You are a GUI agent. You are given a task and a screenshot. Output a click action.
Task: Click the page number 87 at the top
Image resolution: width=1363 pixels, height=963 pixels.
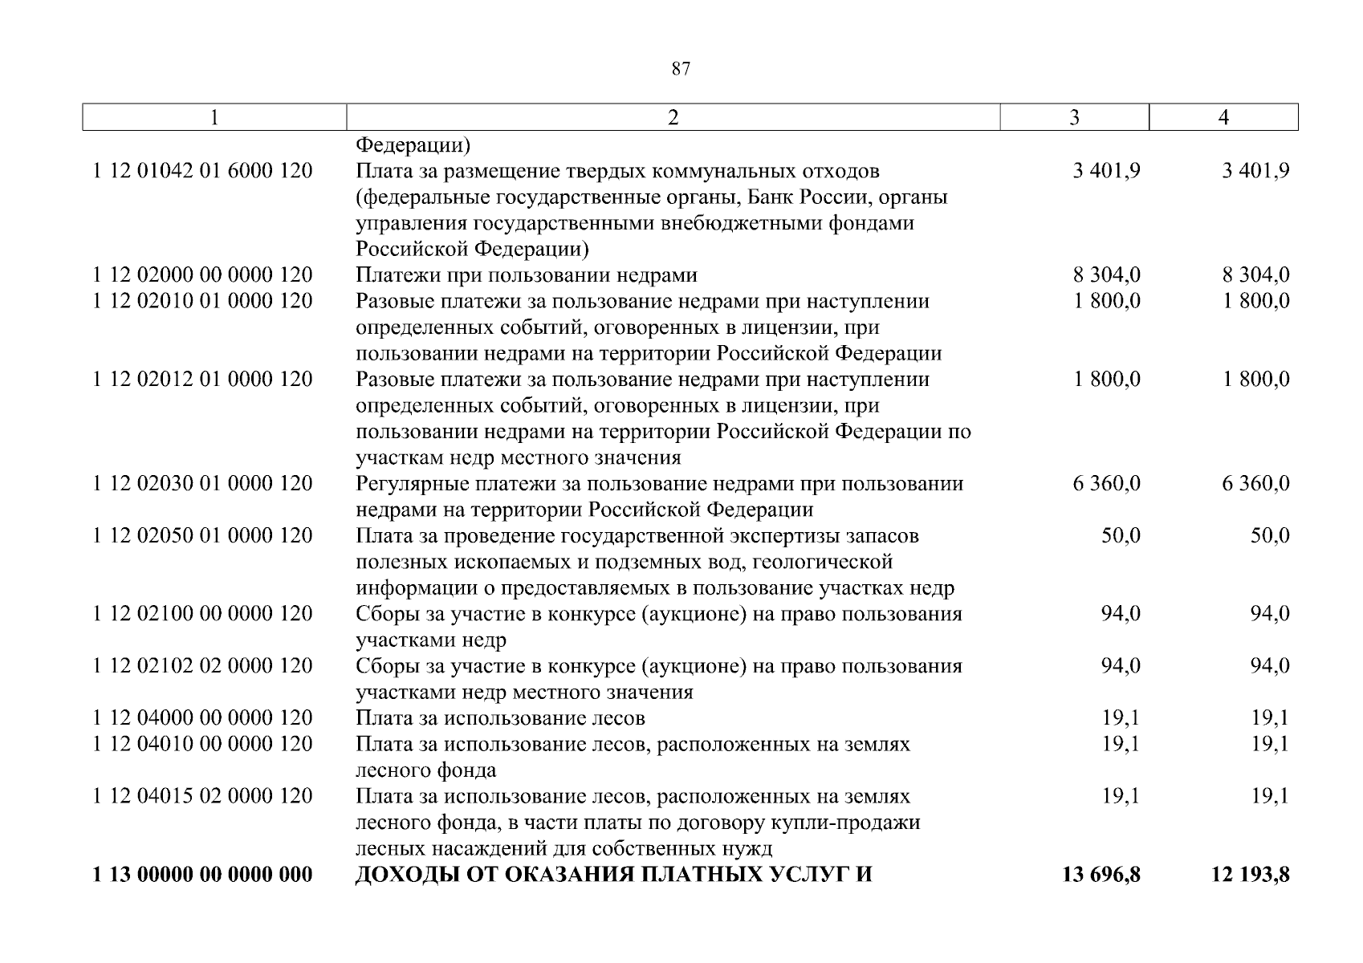680,69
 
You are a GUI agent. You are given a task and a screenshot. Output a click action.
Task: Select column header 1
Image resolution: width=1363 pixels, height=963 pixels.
214,118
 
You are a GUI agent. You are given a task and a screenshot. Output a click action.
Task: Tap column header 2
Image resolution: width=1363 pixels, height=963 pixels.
673,118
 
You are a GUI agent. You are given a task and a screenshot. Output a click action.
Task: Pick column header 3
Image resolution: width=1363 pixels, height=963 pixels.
1074,118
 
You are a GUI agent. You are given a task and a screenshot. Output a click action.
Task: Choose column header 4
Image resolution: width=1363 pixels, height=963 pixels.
1223,118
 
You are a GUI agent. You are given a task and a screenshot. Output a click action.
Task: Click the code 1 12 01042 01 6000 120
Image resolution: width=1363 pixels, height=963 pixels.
202,171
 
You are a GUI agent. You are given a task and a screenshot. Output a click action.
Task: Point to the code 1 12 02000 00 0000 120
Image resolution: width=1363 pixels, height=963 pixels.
202,275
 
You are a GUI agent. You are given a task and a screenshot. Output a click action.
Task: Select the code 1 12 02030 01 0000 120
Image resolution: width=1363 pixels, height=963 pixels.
202,484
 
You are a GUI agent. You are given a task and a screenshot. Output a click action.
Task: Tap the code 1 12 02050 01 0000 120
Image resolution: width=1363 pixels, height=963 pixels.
202,536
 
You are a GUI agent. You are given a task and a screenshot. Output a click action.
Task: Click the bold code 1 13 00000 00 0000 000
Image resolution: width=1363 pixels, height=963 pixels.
202,875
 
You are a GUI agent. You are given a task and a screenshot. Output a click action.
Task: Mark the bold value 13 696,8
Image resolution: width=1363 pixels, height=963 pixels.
1101,875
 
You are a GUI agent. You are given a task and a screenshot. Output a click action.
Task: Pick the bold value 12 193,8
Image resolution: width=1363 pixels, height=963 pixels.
1250,875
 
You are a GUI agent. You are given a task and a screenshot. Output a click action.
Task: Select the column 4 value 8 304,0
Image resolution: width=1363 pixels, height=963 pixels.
1255,275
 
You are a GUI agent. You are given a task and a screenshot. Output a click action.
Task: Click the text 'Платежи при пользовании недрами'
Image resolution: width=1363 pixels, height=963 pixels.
527,275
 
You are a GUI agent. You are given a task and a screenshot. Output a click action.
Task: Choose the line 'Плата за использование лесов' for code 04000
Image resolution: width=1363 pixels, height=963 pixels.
500,718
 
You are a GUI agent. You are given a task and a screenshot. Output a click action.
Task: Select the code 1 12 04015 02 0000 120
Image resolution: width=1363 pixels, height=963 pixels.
202,797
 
